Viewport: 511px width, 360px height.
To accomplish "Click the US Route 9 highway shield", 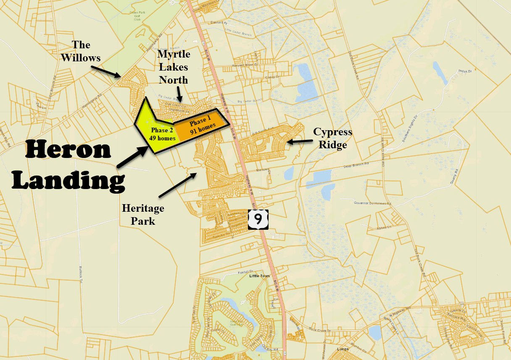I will point(258,219).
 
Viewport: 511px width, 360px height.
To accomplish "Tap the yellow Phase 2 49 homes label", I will point(162,134).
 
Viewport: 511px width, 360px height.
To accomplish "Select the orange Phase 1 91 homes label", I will point(203,126).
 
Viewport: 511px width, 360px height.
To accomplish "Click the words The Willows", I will point(81,51).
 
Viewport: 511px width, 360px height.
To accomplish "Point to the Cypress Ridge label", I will point(332,138).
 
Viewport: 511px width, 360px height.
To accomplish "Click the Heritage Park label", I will point(143,214).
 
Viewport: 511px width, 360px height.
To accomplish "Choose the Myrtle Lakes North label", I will point(174,67).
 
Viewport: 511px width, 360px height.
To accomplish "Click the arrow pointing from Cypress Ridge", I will point(299,142).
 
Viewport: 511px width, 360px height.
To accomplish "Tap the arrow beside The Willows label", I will point(106,71).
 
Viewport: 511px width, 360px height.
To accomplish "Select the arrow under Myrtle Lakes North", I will point(179,94).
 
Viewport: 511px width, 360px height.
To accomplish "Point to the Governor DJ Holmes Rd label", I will point(372,204).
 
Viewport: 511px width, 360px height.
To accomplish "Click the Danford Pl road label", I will point(219,22).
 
